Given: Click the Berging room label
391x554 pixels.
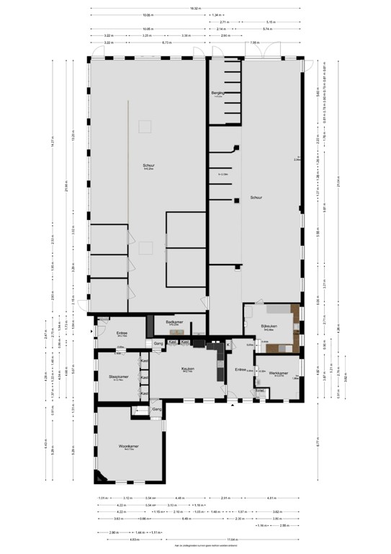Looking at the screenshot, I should (x=218, y=93).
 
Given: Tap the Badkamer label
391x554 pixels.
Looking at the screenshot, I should (x=173, y=322).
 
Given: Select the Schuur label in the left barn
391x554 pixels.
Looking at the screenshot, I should (x=148, y=167).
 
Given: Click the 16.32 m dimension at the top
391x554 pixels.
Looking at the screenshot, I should (x=196, y=9).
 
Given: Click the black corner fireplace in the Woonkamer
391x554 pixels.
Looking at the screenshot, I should (x=99, y=477).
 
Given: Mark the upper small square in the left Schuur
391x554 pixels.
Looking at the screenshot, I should (x=145, y=126).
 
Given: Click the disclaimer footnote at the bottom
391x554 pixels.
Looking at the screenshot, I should (x=195, y=550).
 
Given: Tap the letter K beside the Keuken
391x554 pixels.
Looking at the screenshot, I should (x=228, y=345).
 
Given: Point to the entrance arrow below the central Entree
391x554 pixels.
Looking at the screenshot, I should (x=232, y=404).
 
